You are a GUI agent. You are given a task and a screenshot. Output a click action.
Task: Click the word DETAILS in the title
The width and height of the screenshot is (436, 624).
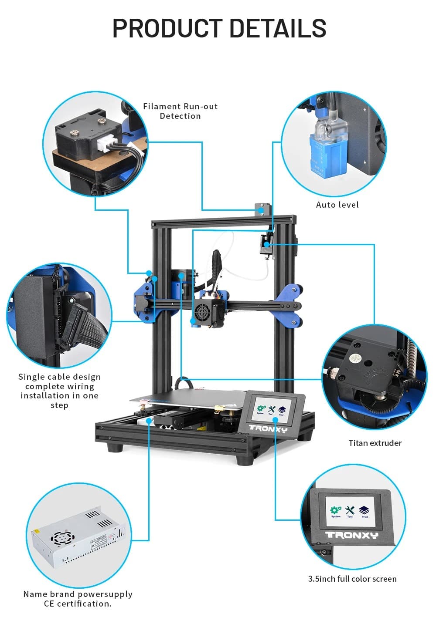(278, 28)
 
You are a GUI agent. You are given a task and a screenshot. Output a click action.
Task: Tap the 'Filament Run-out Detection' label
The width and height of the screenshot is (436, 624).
(180, 111)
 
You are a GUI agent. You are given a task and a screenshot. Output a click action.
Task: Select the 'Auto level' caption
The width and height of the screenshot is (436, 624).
(337, 205)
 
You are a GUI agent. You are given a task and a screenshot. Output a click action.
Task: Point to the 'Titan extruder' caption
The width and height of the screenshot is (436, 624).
(375, 443)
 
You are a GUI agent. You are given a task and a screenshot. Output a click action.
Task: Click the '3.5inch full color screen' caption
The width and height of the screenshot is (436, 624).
(352, 579)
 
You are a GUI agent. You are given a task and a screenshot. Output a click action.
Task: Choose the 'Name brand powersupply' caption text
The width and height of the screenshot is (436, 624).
(78, 594)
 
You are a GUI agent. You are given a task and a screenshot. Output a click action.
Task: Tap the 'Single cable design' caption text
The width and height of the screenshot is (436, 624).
(59, 377)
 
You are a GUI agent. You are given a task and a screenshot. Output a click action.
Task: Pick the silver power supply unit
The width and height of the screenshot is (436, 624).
(78, 538)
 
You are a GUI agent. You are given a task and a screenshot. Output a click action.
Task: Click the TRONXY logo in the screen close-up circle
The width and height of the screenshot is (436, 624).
(351, 535)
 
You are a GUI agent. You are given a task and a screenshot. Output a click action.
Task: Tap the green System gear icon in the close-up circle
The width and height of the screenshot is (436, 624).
(335, 510)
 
